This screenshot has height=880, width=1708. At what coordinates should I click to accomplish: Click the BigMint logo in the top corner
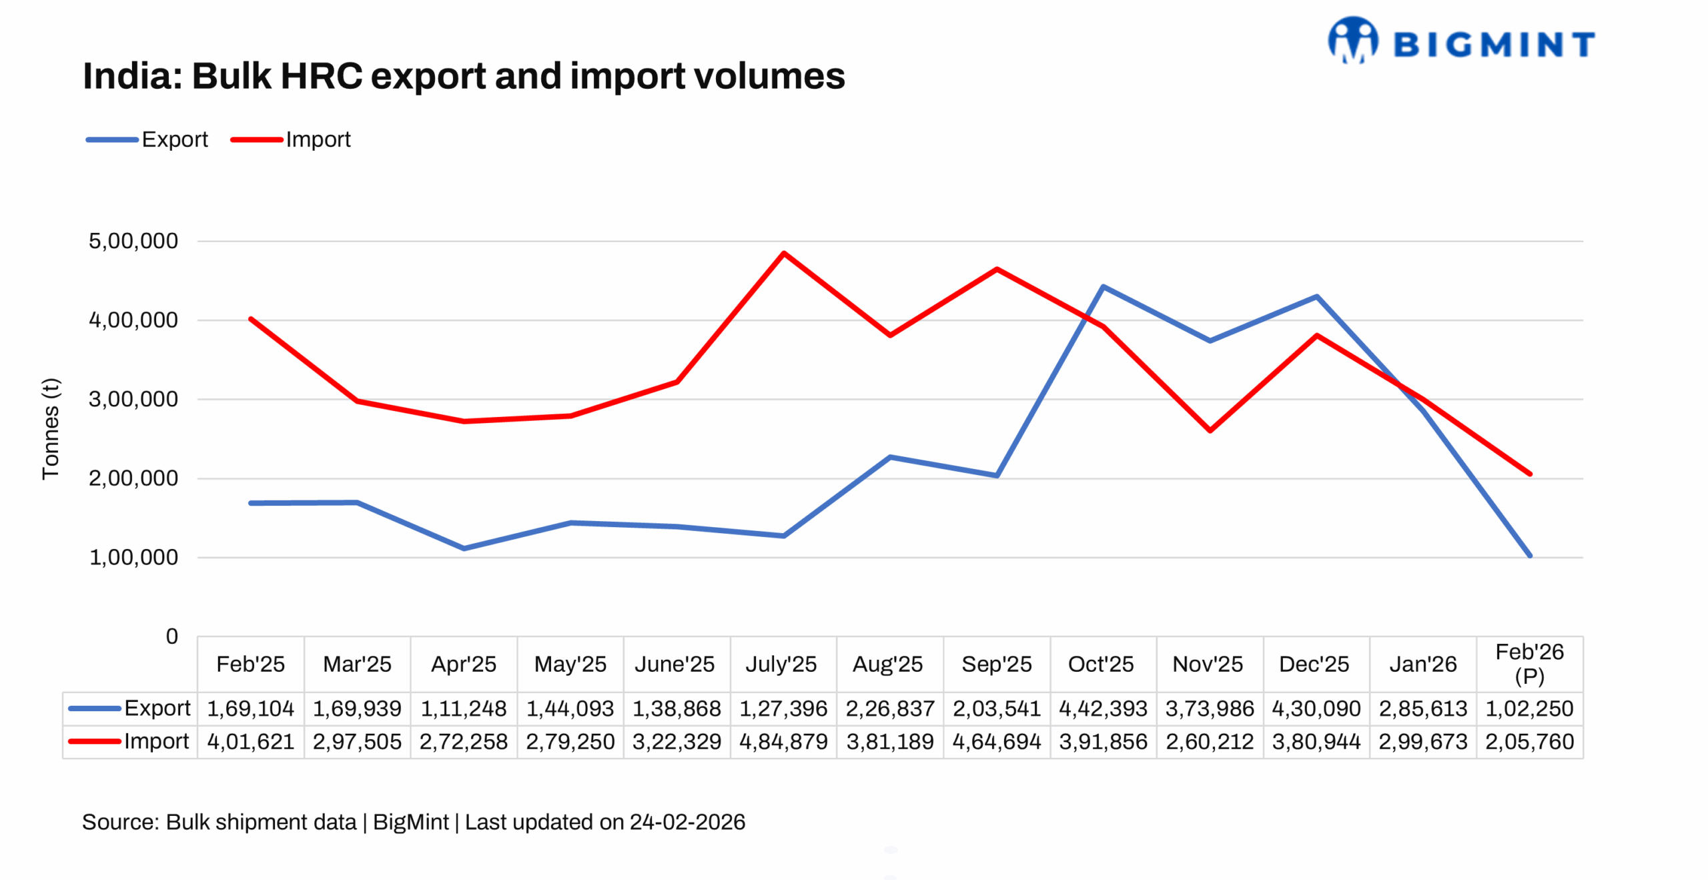pyautogui.click(x=1460, y=41)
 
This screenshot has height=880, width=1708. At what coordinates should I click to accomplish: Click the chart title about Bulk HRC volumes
pyautogui.click(x=464, y=76)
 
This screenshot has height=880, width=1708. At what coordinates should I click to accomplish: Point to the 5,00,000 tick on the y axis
pyautogui.click(x=133, y=241)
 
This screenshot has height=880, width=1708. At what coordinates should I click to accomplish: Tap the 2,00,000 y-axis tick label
pyautogui.click(x=133, y=478)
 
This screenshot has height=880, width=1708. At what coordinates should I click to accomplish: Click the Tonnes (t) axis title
pyautogui.click(x=51, y=428)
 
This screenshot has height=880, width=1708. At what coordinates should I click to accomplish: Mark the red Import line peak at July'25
pyautogui.click(x=783, y=254)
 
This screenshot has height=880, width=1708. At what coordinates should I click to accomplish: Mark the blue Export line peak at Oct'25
pyautogui.click(x=1103, y=287)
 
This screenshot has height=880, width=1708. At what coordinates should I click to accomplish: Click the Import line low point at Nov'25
pyautogui.click(x=1210, y=430)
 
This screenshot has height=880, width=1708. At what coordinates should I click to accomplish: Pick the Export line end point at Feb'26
pyautogui.click(x=1529, y=555)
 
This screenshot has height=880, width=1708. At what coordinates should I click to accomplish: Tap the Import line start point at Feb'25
pyautogui.click(x=251, y=320)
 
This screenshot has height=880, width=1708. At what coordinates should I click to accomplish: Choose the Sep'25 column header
pyautogui.click(x=996, y=664)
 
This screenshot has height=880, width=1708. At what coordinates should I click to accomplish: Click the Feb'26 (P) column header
pyautogui.click(x=1529, y=663)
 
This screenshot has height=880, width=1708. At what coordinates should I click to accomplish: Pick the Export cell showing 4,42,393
pyautogui.click(x=1103, y=708)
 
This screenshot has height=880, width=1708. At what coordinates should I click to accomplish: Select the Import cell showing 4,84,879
pyautogui.click(x=783, y=741)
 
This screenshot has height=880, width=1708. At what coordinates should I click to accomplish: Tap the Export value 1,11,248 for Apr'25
pyautogui.click(x=464, y=708)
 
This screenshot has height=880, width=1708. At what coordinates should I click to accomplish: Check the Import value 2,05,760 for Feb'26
pyautogui.click(x=1529, y=741)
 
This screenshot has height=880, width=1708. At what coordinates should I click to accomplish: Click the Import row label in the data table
pyautogui.click(x=156, y=741)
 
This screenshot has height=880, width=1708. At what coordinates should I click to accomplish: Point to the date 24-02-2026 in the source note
pyautogui.click(x=687, y=822)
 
